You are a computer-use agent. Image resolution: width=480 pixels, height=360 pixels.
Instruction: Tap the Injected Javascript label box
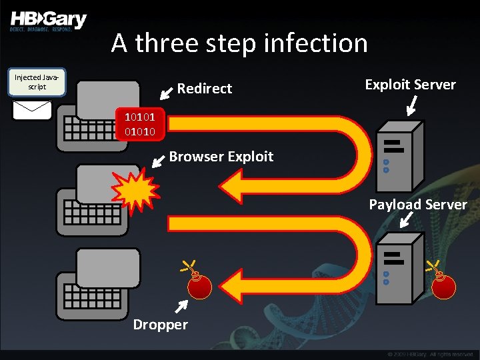[39, 83]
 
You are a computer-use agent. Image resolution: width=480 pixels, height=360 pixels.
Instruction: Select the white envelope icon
[32, 109]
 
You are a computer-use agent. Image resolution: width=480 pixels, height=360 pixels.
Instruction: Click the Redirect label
[204, 89]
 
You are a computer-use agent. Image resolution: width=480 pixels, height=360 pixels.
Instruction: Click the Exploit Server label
[410, 85]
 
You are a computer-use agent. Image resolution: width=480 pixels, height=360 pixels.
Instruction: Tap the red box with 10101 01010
[140, 125]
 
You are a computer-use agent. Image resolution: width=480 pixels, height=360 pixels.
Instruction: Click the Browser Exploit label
[221, 157]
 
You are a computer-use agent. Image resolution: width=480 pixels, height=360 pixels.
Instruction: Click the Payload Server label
[418, 205]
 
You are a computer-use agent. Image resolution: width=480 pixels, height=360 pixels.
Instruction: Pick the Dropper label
[160, 325]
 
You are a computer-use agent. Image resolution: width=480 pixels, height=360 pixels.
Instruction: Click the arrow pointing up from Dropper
[180, 305]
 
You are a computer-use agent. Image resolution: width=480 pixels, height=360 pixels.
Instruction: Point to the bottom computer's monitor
[108, 267]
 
